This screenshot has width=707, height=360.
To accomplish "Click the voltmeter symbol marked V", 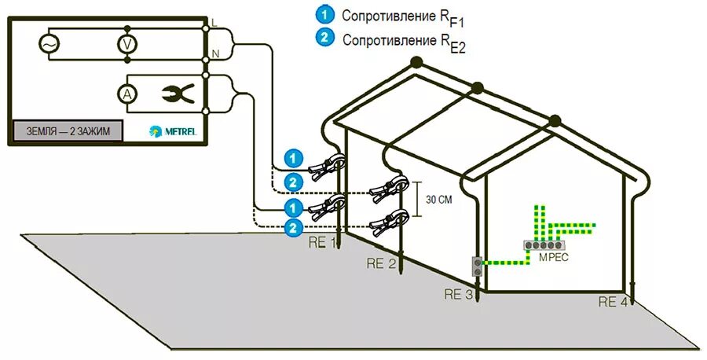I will coord(125,45).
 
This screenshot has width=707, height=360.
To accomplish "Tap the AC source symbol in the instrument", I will coord(47,45).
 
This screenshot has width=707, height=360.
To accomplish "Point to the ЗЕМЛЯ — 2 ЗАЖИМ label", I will coord(68,130).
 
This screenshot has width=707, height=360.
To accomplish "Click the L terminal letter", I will coord(214,24).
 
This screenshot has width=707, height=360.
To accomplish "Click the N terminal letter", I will coord(214,54).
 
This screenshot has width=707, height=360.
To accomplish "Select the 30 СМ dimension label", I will coord(438,200).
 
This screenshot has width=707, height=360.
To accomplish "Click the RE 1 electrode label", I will coord(321,241).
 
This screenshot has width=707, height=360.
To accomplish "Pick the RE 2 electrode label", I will coord(381,264).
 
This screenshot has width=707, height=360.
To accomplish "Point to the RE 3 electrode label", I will coord(457,295).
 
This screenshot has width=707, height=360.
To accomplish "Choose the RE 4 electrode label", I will coord(613,302).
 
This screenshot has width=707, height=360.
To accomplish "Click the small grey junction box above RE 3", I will coord(475,266).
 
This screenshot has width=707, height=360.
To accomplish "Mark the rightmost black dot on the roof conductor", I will coord(555,120).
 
